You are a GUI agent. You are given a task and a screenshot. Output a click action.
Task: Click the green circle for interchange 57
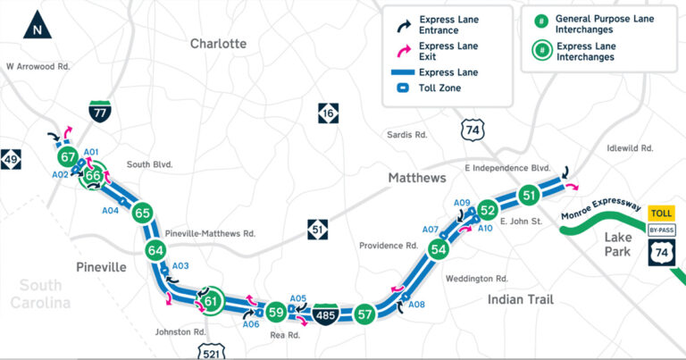(x=364, y=314)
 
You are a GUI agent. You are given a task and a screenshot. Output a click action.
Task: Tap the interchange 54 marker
(x=438, y=249)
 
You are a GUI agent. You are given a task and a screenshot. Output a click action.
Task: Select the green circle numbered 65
(x=142, y=213)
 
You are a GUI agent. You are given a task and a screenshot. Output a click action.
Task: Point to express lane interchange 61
(x=211, y=301)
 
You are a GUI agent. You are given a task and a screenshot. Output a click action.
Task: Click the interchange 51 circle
(x=529, y=196)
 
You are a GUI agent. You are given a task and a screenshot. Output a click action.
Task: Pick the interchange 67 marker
(x=68, y=157)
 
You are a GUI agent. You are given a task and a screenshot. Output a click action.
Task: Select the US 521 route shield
(x=209, y=347)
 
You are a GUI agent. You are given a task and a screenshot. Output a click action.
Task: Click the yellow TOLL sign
(x=661, y=213)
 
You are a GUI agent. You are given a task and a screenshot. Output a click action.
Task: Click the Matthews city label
(x=416, y=179)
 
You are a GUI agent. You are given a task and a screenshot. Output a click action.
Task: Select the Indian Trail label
(x=522, y=300)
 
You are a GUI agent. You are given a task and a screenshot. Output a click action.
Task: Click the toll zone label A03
(x=180, y=266)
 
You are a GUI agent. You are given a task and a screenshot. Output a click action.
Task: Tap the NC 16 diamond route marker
(x=328, y=113)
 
